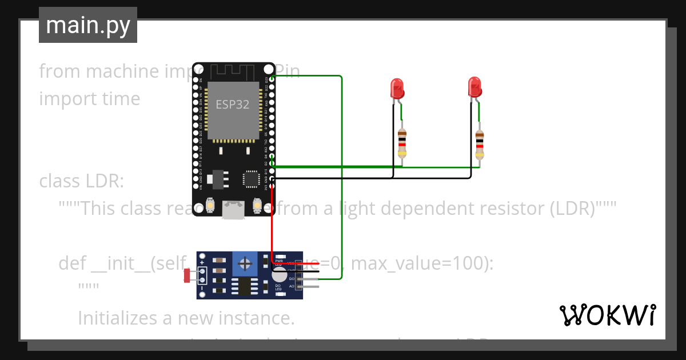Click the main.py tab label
[87, 25]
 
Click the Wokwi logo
[607, 315]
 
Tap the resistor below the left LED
[402, 143]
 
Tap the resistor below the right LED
[480, 143]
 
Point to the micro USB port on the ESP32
[234, 210]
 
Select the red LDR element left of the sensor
[187, 275]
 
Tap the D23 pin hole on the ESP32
[272, 79]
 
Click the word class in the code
[60, 181]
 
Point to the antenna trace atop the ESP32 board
[233, 72]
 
